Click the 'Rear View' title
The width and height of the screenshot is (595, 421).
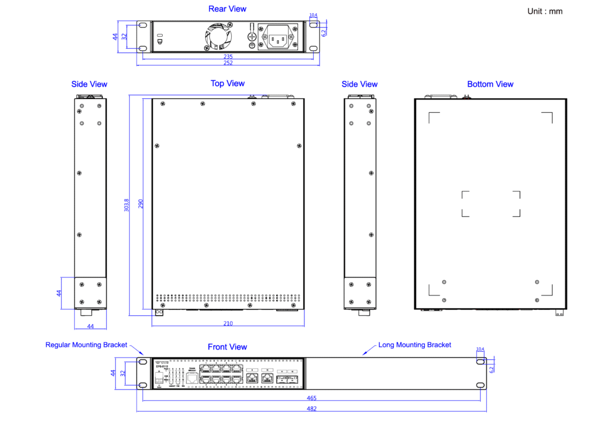click(227, 9)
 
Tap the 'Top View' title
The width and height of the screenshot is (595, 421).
click(227, 84)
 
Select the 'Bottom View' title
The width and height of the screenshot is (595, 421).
click(490, 84)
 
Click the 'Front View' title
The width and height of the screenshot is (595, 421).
click(227, 347)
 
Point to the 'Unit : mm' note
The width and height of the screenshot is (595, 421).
click(544, 11)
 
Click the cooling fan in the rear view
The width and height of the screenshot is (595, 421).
click(218, 37)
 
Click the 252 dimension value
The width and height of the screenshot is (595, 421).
click(228, 63)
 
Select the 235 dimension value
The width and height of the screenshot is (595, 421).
click(228, 57)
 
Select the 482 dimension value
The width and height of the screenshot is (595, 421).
click(311, 409)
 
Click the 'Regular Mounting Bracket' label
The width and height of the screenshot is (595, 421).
click(86, 345)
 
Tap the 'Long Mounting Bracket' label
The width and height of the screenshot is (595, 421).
click(414, 345)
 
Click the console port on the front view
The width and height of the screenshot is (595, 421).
click(191, 376)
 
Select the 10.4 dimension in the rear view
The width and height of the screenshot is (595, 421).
click(313, 15)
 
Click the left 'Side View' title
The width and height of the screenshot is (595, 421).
click(89, 84)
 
